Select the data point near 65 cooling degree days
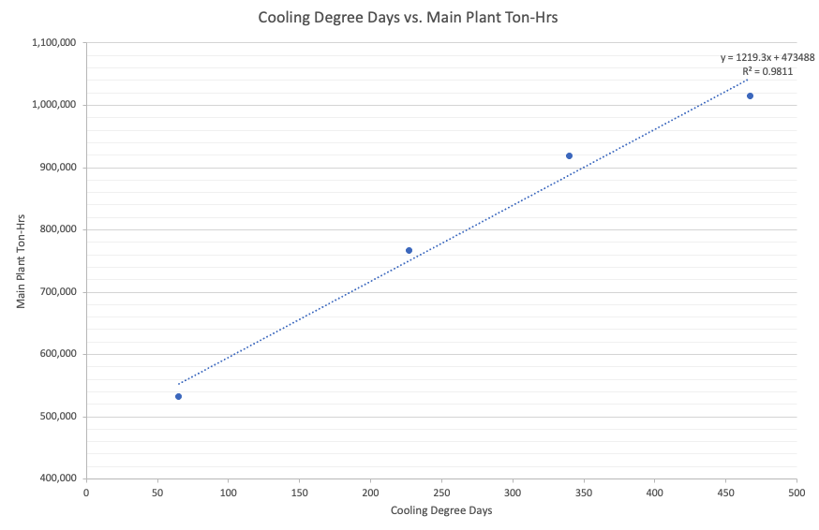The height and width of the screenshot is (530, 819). point(178,396)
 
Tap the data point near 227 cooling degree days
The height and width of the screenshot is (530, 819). point(409,250)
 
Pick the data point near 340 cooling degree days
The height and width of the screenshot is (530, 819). point(569,155)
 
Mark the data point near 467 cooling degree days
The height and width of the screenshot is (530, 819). point(750,96)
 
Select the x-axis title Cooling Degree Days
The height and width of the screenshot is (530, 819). point(440,510)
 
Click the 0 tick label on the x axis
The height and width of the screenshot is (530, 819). point(86,492)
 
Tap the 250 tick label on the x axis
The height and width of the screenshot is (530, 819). point(441,492)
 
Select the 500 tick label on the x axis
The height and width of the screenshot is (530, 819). point(797,492)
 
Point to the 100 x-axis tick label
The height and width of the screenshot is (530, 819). point(228,492)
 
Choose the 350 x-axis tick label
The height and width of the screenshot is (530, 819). point(583,492)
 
